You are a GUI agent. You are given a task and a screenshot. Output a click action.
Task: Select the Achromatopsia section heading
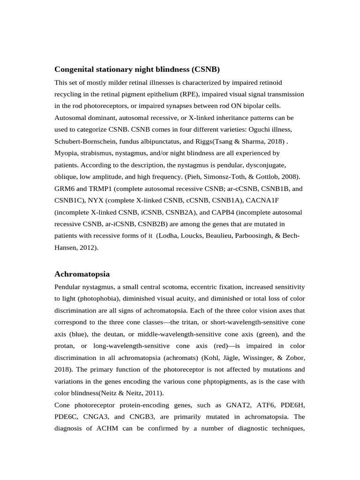(x=82, y=273)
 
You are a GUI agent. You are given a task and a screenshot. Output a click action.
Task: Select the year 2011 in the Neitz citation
(x=147, y=393)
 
